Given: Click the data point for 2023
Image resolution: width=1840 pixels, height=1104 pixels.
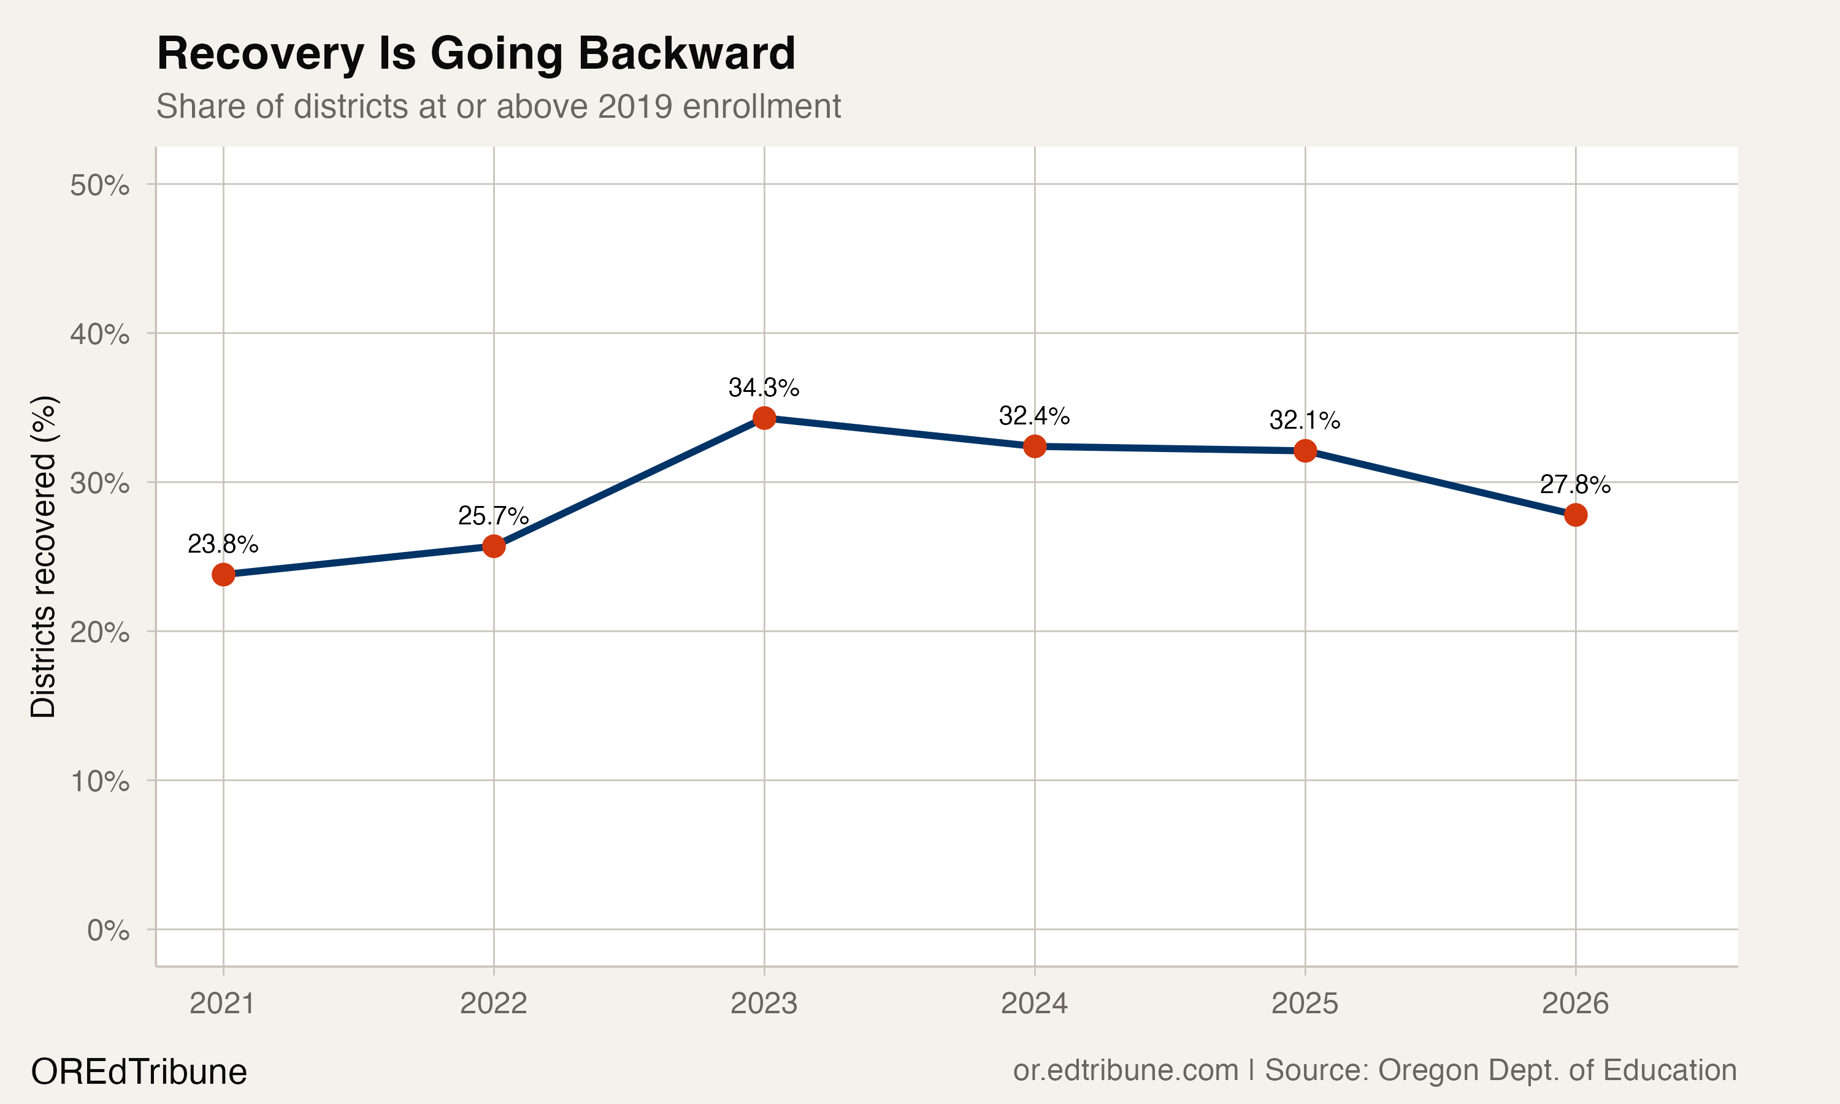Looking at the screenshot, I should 764,418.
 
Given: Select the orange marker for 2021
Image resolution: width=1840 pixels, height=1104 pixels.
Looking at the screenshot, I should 223,574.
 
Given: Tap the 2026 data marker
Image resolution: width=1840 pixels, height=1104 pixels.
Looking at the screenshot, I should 1575,515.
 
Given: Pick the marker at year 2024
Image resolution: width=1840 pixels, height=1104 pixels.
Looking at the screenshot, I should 1035,447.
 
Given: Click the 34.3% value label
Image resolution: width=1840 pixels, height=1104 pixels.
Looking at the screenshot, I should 764,388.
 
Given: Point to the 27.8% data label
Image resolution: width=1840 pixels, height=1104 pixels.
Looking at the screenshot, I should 1574,485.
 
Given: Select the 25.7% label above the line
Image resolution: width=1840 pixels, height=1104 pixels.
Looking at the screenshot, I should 493,516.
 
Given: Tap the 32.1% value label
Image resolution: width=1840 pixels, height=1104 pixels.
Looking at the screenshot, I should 1305,420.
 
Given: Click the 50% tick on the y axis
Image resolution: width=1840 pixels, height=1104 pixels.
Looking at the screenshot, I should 99,185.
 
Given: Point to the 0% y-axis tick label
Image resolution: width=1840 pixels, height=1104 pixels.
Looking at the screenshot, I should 108,930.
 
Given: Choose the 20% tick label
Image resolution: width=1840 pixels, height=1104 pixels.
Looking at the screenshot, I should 99,632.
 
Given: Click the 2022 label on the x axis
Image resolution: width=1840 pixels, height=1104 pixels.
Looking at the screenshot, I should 493,1003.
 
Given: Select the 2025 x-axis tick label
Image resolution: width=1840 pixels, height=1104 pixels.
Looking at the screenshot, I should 1305,1003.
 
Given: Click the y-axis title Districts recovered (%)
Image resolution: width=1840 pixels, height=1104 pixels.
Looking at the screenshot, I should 43,556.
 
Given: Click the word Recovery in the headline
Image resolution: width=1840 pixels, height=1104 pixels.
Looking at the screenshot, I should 260,53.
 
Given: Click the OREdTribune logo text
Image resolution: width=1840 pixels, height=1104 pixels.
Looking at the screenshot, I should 139,1072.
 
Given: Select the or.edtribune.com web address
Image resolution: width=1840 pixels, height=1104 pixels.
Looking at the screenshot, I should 1125,1070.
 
